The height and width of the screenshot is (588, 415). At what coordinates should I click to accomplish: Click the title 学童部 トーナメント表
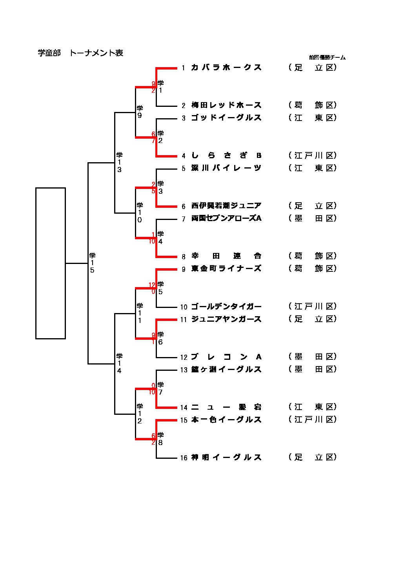[x=80, y=53]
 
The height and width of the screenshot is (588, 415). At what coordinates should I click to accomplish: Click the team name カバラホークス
[x=226, y=68]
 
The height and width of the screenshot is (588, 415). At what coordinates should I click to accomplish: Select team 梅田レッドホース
[x=226, y=105]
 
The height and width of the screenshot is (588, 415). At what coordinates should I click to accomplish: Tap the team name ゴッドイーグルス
[x=226, y=118]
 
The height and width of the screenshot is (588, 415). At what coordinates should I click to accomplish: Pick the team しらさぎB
[x=226, y=156]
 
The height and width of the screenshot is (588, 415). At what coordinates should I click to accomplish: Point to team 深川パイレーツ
[x=226, y=168]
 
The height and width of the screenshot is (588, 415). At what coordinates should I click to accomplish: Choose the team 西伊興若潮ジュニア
[x=226, y=206]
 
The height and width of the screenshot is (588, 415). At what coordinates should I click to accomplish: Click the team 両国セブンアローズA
[x=226, y=218]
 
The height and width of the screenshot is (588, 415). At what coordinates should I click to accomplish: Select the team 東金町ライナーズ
[x=226, y=269]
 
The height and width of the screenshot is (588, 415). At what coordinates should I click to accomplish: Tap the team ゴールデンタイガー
[x=226, y=306]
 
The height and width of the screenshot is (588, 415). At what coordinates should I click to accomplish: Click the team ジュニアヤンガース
[x=226, y=319]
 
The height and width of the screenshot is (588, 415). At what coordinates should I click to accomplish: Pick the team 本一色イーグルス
[x=226, y=419]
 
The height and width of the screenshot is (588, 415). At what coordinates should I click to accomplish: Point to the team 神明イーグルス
[x=226, y=457]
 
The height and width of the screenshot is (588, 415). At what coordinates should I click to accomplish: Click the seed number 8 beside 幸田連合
[x=183, y=257]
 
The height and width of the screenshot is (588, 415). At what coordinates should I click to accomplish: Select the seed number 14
[x=184, y=408]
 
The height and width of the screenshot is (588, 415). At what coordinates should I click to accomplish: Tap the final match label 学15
[x=92, y=263]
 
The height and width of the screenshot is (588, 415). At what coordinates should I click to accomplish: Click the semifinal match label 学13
[x=119, y=162]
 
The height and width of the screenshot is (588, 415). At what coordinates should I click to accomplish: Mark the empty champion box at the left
[x=51, y=263]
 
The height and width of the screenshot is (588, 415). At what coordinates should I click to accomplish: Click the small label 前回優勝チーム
[x=327, y=57]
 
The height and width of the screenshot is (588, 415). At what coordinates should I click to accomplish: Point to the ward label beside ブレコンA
[x=313, y=357]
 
